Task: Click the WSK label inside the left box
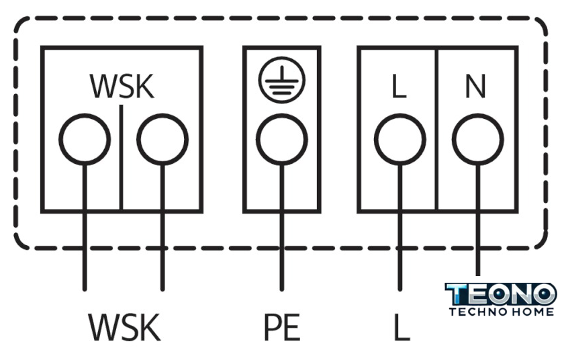point(122,86)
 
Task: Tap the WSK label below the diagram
point(125,328)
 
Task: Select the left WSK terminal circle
point(85,140)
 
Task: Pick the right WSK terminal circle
point(162,140)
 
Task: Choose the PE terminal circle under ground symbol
point(281,140)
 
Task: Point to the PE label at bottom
point(281,328)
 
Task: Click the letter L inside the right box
point(399,87)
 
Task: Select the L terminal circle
point(399,140)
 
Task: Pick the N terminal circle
point(477,140)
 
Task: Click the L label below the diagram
point(401,328)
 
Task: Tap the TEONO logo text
point(501,294)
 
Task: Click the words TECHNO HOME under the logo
point(501,312)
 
